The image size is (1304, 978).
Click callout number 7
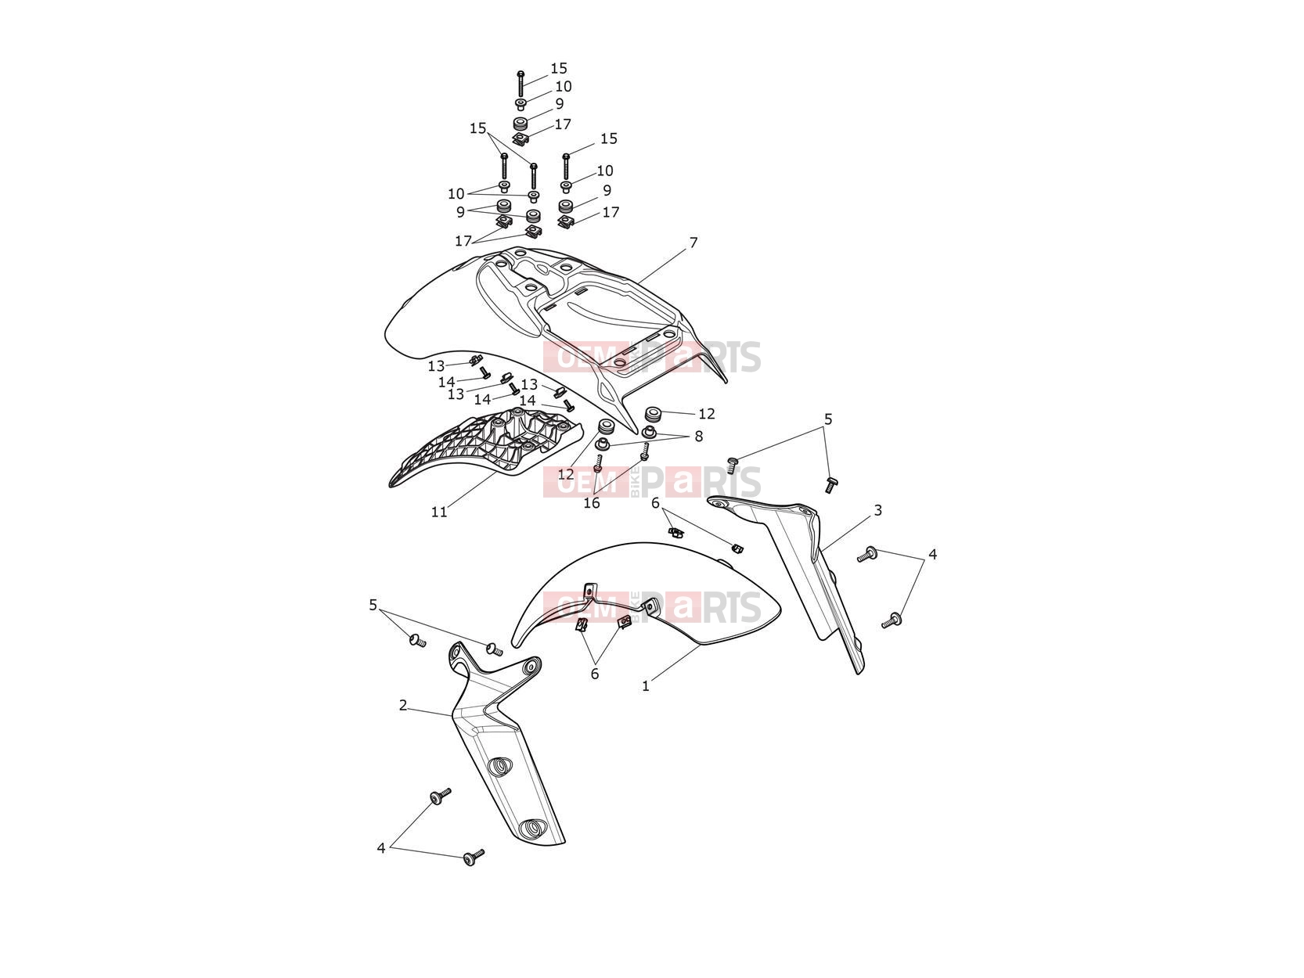click(x=693, y=243)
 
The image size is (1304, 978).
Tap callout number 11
click(x=439, y=512)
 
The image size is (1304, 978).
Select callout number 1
click(x=646, y=686)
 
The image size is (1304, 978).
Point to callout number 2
click(x=403, y=705)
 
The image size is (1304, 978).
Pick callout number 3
click(x=877, y=510)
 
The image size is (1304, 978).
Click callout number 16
click(x=592, y=503)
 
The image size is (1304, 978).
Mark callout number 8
click(x=699, y=437)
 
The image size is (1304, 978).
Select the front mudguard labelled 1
click(x=647, y=594)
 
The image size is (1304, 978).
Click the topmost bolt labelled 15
click(x=521, y=84)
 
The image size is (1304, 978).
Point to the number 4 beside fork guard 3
click(x=933, y=554)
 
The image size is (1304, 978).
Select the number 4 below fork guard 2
click(x=381, y=848)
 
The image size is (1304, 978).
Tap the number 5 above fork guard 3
click(x=828, y=419)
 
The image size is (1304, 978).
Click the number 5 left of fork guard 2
click(x=373, y=605)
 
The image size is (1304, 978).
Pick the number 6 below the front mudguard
click(x=595, y=674)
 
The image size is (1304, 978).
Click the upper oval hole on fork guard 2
click(x=499, y=766)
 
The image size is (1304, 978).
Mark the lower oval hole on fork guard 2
click(x=531, y=828)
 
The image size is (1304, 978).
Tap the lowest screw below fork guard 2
click(x=474, y=857)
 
